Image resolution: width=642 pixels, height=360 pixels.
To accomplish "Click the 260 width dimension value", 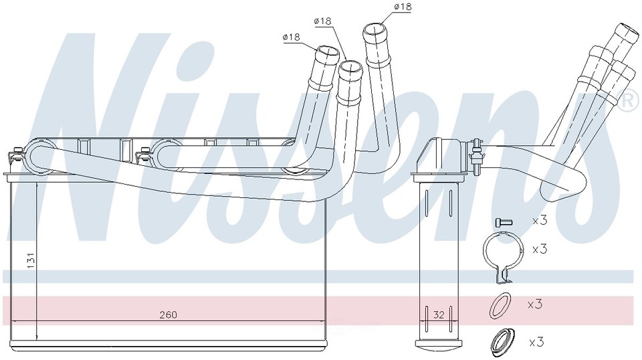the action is coord(169,314).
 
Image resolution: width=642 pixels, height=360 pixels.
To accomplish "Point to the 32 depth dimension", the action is coord(439,315).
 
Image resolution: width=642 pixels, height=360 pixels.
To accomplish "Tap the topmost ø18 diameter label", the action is coord(403,7).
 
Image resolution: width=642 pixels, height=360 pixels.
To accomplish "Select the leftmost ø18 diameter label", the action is coord(291,37).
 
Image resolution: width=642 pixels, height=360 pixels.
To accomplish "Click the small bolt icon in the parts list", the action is coord(504,222).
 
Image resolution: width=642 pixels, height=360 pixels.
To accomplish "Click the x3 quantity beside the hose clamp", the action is coord(540,249).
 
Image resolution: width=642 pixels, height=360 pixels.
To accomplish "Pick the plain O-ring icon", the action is coord(500,306).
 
